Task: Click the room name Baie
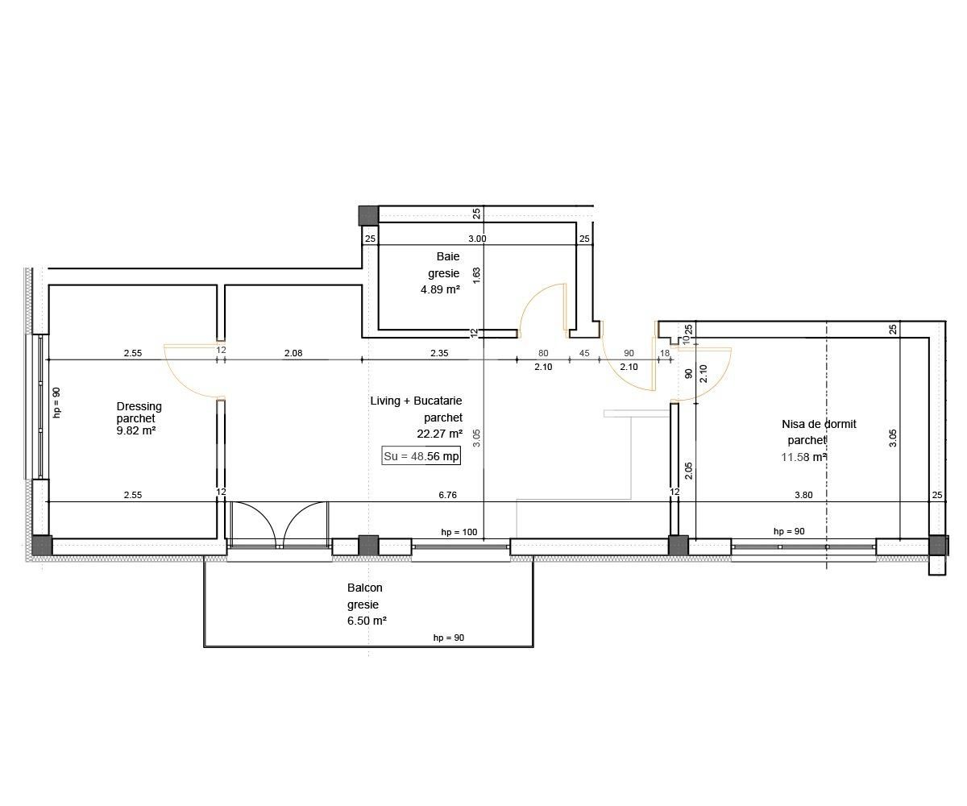[448, 256]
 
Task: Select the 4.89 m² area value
[440, 289]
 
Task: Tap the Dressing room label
[139, 406]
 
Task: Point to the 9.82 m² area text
[136, 430]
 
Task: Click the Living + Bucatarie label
[416, 401]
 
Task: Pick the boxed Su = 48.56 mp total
[421, 456]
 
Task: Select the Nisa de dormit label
[819, 424]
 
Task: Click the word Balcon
[365, 588]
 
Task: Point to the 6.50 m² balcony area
[367, 621]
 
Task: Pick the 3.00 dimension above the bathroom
[477, 239]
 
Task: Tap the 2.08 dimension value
[293, 352]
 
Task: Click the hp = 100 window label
[459, 533]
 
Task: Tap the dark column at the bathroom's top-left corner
[368, 215]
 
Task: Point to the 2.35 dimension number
[439, 352]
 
